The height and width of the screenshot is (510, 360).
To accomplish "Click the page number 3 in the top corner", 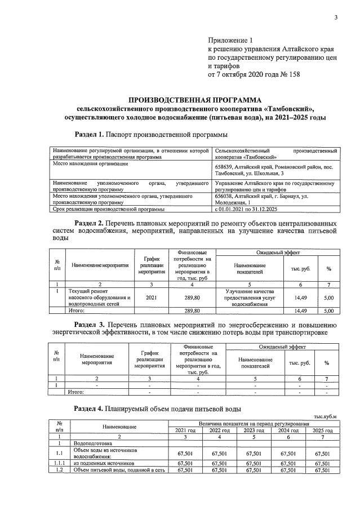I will pos(336,17).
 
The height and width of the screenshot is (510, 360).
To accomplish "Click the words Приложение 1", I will pos(232,41).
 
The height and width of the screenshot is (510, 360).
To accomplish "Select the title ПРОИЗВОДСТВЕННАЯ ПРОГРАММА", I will pos(191,99).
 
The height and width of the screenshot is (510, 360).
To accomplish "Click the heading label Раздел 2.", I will pos(89,224).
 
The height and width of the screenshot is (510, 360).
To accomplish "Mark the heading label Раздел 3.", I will pos(89,325).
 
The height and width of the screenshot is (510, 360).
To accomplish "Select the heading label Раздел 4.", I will pos(89,407).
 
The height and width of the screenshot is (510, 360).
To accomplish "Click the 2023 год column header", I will pos(254,431).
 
